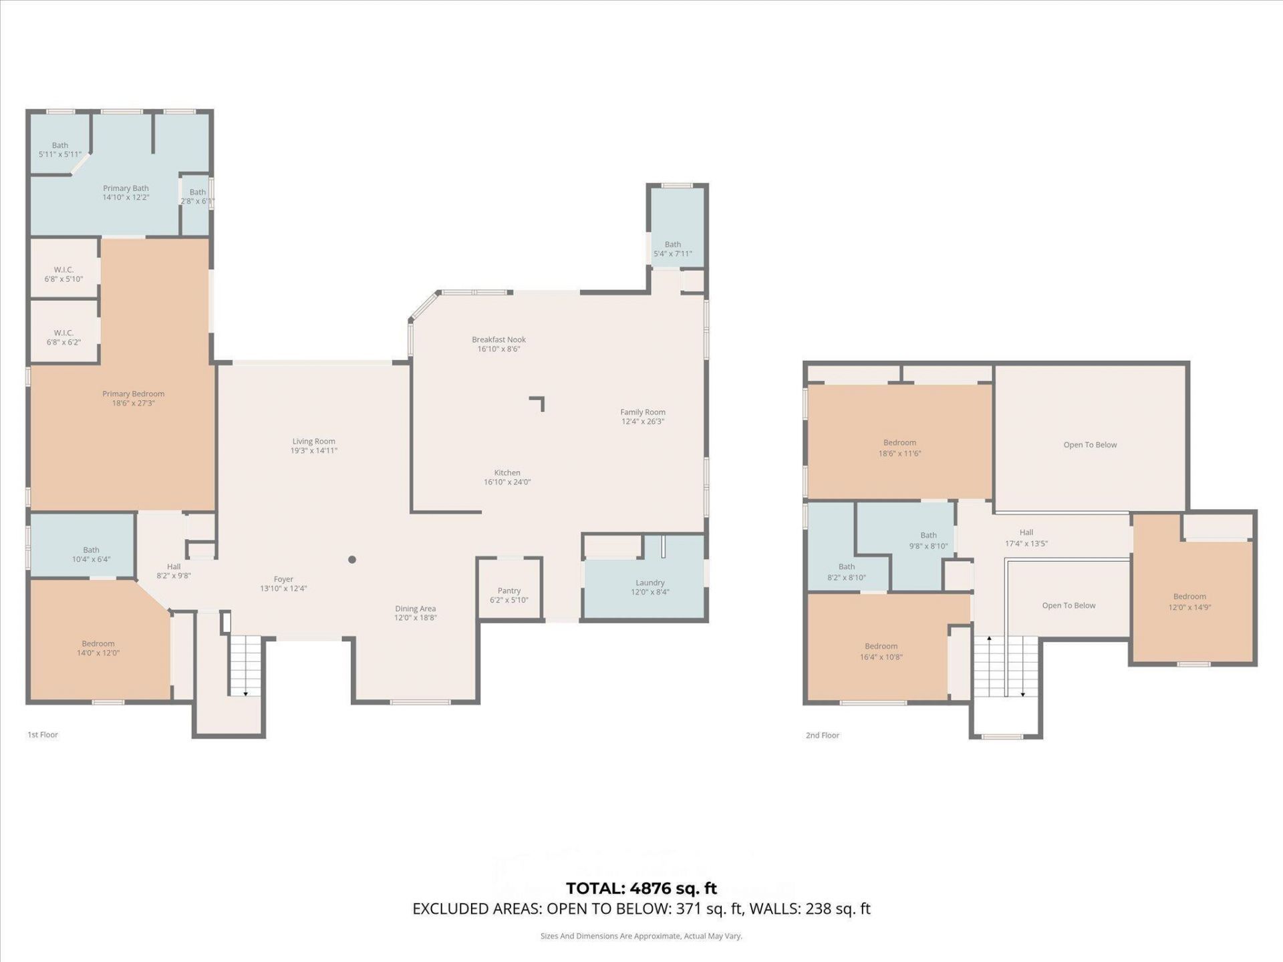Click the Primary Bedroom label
(x=133, y=394)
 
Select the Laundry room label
(x=650, y=583)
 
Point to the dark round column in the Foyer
(x=352, y=560)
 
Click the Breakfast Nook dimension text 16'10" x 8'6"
(x=498, y=349)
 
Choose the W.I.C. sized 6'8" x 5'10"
(x=63, y=274)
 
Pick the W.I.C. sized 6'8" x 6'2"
(x=63, y=337)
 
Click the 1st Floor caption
(x=43, y=735)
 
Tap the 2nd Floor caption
(x=822, y=736)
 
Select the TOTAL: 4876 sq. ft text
(x=641, y=889)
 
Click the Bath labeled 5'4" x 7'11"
(x=672, y=249)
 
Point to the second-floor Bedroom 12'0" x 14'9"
(x=1189, y=601)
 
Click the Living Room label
(x=313, y=442)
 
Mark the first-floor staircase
(x=245, y=665)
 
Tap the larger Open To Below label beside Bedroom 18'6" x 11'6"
(x=1090, y=445)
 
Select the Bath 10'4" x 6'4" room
(x=91, y=554)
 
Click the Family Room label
(x=642, y=412)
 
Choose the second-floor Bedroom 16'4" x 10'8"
(x=881, y=651)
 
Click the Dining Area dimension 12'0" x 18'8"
(x=415, y=618)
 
